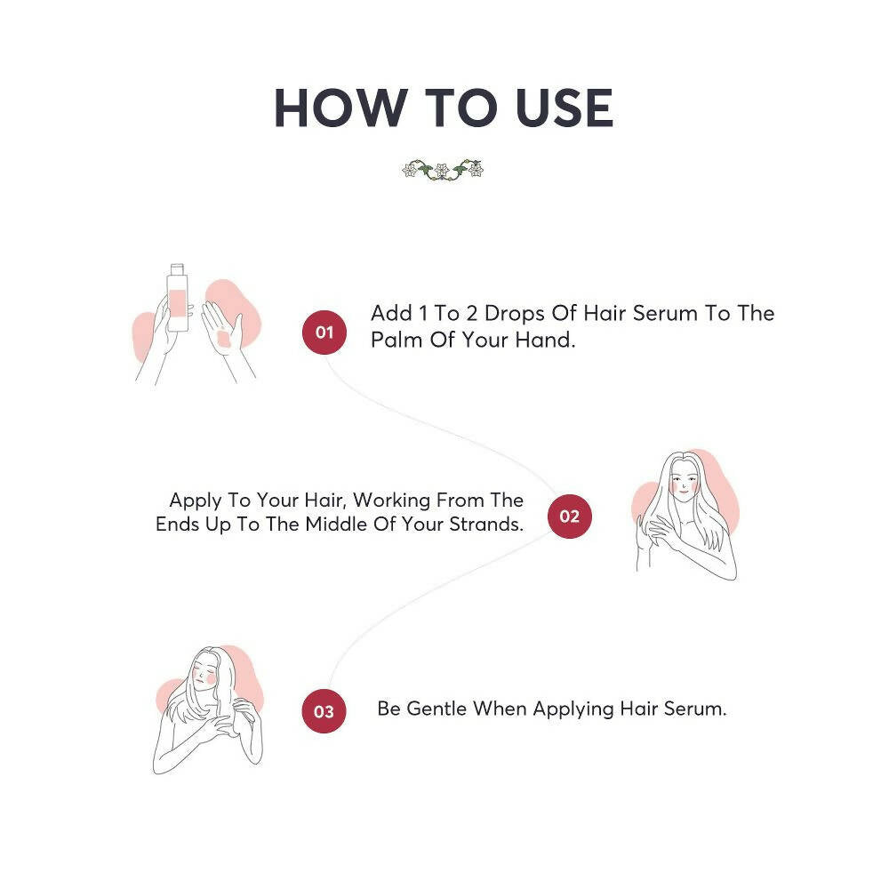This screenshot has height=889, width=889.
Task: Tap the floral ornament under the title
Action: coord(443,169)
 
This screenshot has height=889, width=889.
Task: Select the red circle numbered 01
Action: coord(324,332)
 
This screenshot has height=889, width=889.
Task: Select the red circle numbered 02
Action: coord(569,517)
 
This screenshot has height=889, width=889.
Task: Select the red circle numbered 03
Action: coord(324,711)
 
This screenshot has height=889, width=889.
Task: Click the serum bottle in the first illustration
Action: coord(178,302)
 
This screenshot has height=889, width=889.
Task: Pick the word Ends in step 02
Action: coord(176,525)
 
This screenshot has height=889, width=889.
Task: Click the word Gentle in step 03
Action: coord(436,709)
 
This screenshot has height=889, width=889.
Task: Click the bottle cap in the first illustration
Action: coord(177,268)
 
